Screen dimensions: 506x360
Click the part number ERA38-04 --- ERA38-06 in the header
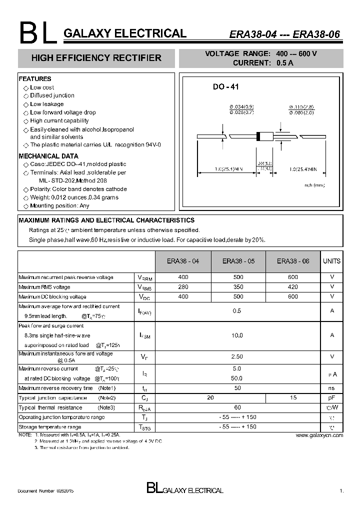tap(284, 34)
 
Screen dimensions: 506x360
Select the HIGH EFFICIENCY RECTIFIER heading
tap(96, 58)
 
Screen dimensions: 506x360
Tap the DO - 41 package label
tap(226, 87)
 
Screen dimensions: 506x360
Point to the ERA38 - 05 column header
tap(238, 261)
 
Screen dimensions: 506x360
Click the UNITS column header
tap(331, 261)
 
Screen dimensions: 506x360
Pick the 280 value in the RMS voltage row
tap(183, 287)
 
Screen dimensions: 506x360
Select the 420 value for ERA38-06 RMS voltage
tap(293, 287)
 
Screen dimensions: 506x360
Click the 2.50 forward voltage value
tap(237, 356)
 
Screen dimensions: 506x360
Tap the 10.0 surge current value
tap(237, 335)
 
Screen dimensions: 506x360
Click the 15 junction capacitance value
tap(293, 397)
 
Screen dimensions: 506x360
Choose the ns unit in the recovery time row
tap(331, 388)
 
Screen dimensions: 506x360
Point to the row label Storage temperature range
tap(49, 427)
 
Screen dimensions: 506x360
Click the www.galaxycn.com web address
tap(319, 435)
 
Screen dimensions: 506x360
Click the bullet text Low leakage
tap(46, 104)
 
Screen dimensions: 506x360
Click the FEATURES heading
tap(35, 79)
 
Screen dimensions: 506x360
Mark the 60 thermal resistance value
tap(237, 407)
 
